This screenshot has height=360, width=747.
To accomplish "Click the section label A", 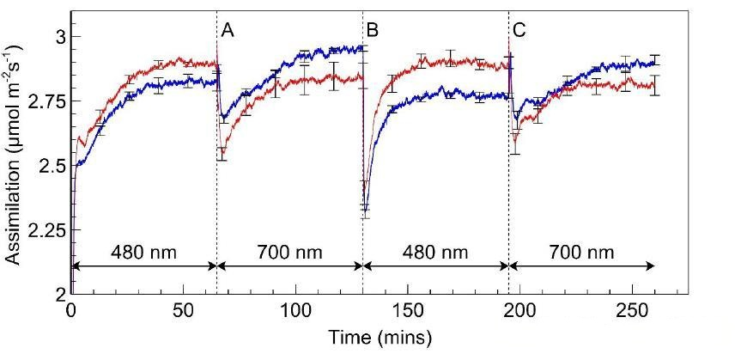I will (x=228, y=31).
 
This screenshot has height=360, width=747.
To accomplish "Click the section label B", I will (x=373, y=31).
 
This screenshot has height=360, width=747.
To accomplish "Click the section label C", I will (x=519, y=31).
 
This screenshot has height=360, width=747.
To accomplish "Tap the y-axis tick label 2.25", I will (x=44, y=229).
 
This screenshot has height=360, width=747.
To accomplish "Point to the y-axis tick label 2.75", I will (x=44, y=101).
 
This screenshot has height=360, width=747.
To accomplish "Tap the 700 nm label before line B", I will (x=289, y=252).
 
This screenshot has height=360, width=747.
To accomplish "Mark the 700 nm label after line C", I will (x=582, y=252).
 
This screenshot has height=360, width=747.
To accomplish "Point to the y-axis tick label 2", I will (x=58, y=294).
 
